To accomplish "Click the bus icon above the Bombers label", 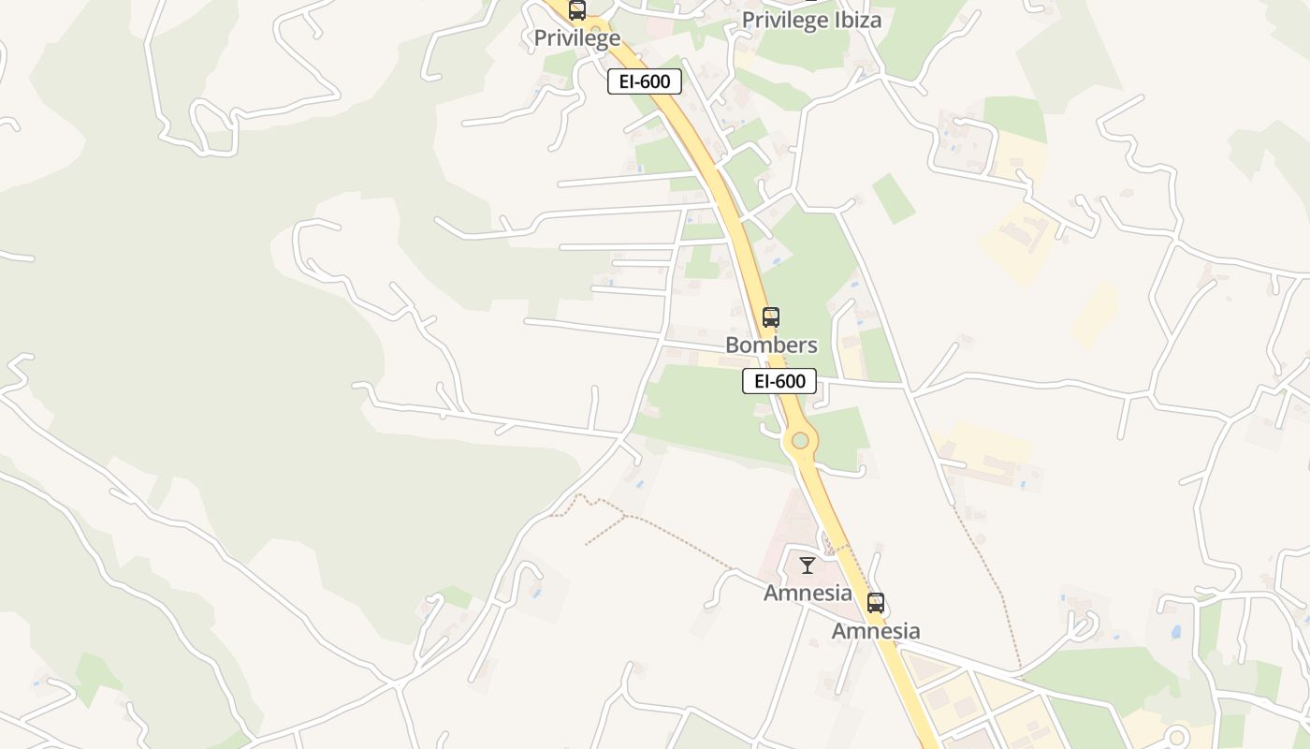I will [x=771, y=317].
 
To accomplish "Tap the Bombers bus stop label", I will [x=771, y=345].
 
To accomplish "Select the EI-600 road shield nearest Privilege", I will [x=644, y=81].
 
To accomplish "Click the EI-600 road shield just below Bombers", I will [x=779, y=381].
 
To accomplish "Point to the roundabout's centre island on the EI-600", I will [x=800, y=440].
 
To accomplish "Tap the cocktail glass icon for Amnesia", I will [x=808, y=565].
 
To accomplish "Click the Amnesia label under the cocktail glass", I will [x=808, y=593].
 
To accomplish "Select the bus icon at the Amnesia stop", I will [x=876, y=603].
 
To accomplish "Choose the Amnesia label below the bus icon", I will [x=876, y=631].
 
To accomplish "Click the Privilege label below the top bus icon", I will [x=576, y=38].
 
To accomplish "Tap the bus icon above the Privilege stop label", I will [x=577, y=10].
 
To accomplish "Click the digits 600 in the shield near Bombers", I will [x=791, y=381].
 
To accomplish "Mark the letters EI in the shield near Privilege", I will [x=626, y=81].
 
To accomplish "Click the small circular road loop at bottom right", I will [x=1177, y=737].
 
